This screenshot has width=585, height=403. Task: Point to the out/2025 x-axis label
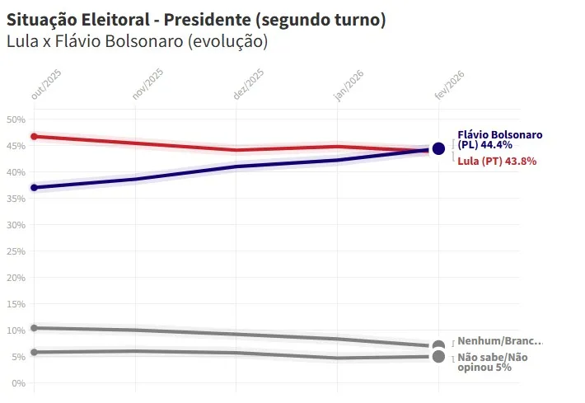pyautogui.click(x=46, y=85)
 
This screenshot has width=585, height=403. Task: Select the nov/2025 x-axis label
pyautogui.click(x=148, y=85)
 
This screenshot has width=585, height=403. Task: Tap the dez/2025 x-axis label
pyautogui.click(x=249, y=85)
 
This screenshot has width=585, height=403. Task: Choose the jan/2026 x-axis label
pyautogui.click(x=349, y=85)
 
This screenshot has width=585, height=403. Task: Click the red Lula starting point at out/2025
pyautogui.click(x=34, y=137)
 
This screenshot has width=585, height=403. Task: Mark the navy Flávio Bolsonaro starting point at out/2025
pyautogui.click(x=34, y=188)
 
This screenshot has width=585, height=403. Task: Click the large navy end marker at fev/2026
pyautogui.click(x=438, y=149)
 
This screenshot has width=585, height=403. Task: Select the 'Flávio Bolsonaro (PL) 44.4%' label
pyautogui.click(x=499, y=139)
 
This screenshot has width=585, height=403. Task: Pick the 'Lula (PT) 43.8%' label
pyautogui.click(x=497, y=162)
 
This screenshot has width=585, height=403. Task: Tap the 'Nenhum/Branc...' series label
pyautogui.click(x=500, y=341)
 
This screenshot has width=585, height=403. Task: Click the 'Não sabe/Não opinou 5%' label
pyautogui.click(x=493, y=362)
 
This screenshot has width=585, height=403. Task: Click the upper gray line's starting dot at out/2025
pyautogui.click(x=34, y=328)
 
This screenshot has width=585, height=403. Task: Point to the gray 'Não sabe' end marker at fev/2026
pyautogui.click(x=438, y=357)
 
